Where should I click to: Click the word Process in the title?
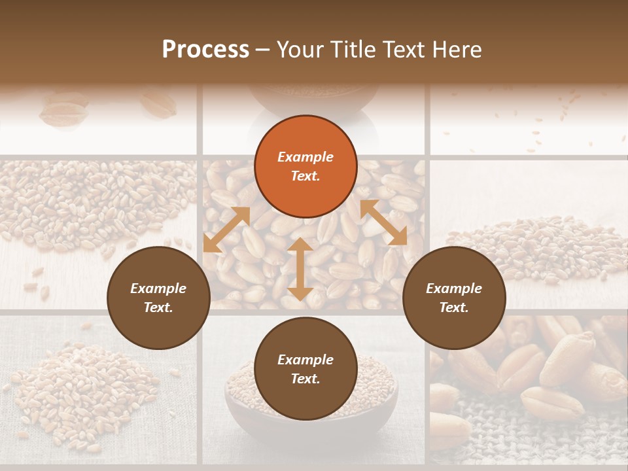205,50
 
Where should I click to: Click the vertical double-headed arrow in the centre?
300,269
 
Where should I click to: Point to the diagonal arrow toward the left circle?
226,230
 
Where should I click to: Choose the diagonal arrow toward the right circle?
383,223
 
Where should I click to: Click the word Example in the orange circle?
305,157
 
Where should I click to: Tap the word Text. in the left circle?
158,307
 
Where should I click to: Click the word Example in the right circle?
454,288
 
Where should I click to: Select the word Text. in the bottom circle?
305,379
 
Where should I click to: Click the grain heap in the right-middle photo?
536,245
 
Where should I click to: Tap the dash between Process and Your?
262,50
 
